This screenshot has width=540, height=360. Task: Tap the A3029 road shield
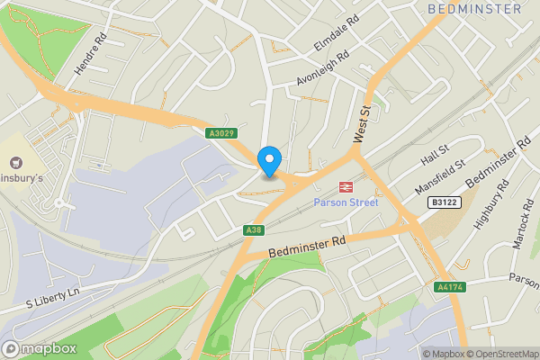click(x=220, y=133)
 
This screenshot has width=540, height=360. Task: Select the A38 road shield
click(x=253, y=230)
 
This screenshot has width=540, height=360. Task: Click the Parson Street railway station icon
click(x=345, y=186)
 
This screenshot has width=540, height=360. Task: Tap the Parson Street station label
click(x=346, y=202)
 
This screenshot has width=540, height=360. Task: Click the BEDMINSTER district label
click(x=474, y=9)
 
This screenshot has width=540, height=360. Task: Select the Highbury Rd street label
click(x=491, y=203)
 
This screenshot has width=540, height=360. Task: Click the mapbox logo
click(x=40, y=348)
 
